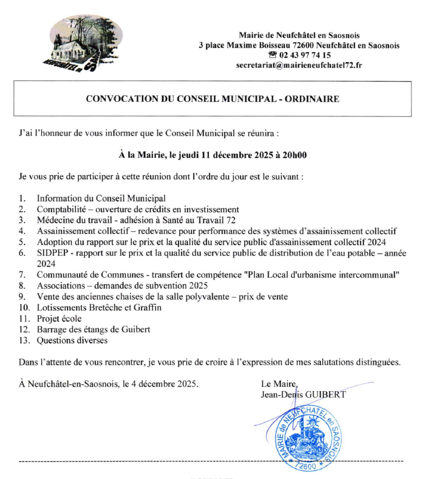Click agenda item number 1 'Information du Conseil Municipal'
tap(101, 198)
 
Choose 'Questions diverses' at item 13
tap(72, 340)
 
